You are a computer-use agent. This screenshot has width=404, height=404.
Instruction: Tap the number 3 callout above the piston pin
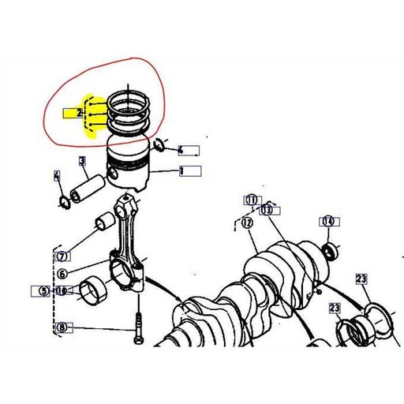[x=82, y=162]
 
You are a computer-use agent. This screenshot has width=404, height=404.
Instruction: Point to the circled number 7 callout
[x=62, y=256]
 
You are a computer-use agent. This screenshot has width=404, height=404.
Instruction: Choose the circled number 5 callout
[x=45, y=290]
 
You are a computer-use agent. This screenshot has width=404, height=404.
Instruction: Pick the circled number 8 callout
[x=62, y=327]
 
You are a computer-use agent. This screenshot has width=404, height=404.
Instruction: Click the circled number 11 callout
[x=251, y=200]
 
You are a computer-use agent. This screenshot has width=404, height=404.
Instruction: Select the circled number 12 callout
[x=247, y=223]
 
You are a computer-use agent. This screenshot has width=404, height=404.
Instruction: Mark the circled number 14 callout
[x=327, y=222]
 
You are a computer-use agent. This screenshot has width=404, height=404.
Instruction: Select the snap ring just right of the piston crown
[x=160, y=144]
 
